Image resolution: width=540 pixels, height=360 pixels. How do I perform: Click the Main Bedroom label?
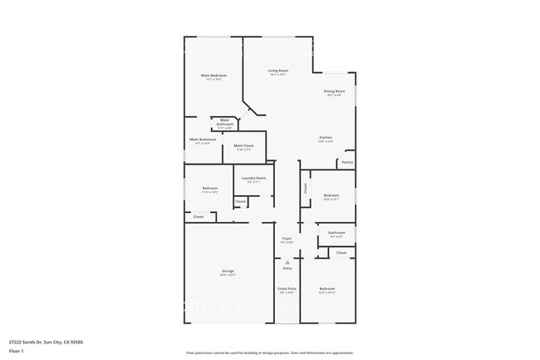tap(214, 76)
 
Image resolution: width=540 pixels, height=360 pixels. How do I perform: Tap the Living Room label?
tap(277, 71)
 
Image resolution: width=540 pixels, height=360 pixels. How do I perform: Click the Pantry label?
tap(346, 162)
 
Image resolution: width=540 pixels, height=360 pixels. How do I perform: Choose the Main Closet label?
tap(243, 145)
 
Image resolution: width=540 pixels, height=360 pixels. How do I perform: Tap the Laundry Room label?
tap(253, 178)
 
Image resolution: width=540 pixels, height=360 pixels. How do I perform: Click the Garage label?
tap(228, 271)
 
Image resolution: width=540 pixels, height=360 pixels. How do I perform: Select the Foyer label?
tap(287, 239)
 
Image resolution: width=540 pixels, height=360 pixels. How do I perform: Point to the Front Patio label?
tap(287, 288)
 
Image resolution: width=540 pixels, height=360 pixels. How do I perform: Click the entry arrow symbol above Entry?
tap(287, 262)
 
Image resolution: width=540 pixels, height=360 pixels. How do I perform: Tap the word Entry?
tap(287, 269)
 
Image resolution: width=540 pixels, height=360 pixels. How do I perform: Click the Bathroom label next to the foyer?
tap(336, 233)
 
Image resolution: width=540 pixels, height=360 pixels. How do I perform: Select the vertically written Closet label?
tap(305, 189)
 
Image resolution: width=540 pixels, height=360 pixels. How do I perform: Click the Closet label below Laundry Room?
tap(240, 201)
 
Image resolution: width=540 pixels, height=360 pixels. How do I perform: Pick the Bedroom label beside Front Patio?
tap(326, 288)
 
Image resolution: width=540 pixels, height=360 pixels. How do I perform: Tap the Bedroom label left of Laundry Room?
tap(209, 188)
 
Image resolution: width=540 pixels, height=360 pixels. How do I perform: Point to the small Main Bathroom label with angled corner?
tap(225, 123)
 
